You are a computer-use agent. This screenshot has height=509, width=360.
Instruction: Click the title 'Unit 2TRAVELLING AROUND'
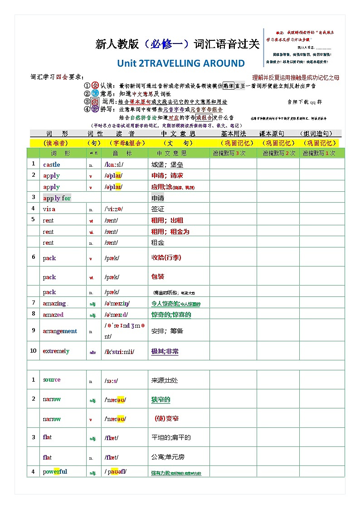pos(180,63)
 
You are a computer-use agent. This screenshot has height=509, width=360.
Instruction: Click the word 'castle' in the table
pos(51,165)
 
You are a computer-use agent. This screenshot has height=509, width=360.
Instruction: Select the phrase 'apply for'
pos(57,198)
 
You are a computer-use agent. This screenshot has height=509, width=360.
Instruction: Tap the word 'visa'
pos(49,209)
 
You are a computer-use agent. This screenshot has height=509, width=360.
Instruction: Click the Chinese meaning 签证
pos(158,209)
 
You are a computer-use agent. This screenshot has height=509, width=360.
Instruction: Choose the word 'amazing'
pos(54,303)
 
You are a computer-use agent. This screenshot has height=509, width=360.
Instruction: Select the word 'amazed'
pos(53,314)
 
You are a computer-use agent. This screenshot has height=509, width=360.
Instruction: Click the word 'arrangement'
pos(60,331)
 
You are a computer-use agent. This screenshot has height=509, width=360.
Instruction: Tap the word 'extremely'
pos(56,351)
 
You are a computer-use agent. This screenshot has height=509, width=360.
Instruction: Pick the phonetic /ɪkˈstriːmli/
pos(119,351)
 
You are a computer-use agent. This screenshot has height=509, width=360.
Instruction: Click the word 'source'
pos(52,380)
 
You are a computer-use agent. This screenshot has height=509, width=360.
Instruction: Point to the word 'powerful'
pos(55,471)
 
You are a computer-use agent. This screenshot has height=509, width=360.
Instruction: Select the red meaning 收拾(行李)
pos(166,257)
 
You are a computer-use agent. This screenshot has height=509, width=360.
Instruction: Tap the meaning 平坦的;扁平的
pos(171,437)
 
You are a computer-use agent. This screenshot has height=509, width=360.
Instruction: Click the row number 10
pos(33,350)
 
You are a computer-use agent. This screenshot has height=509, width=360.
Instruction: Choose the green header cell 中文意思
pos(171,153)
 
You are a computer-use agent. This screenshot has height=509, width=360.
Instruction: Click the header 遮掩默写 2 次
pos(278,153)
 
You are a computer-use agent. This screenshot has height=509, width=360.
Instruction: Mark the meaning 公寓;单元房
pos(168,457)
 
